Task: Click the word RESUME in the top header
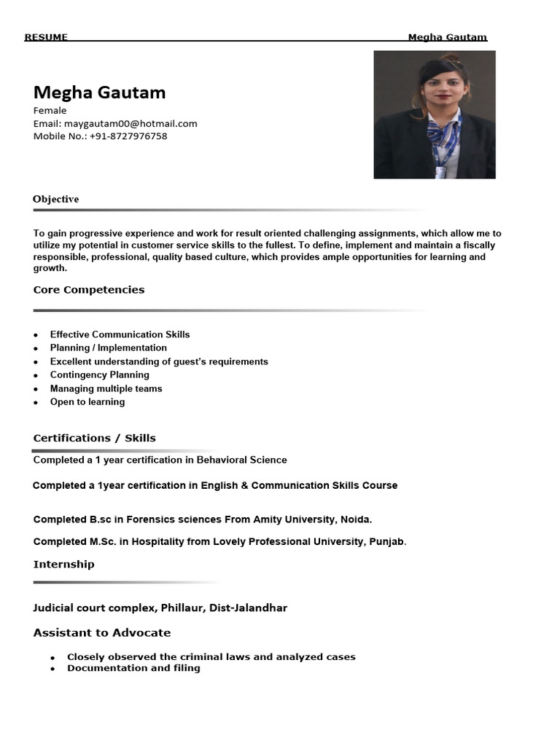tap(46, 37)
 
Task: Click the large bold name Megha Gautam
tap(99, 93)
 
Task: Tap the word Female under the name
tap(50, 111)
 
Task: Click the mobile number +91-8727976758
tap(128, 136)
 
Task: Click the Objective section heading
tap(55, 199)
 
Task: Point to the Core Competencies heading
tap(89, 290)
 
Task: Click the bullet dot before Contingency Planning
tap(36, 376)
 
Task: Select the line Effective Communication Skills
tap(120, 334)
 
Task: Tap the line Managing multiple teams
tap(106, 388)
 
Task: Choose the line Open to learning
tap(87, 402)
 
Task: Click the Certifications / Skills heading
tap(94, 438)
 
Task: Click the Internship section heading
tap(63, 565)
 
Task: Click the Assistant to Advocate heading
tap(102, 632)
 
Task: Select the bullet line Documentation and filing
tap(133, 668)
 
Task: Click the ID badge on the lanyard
tap(440, 172)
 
